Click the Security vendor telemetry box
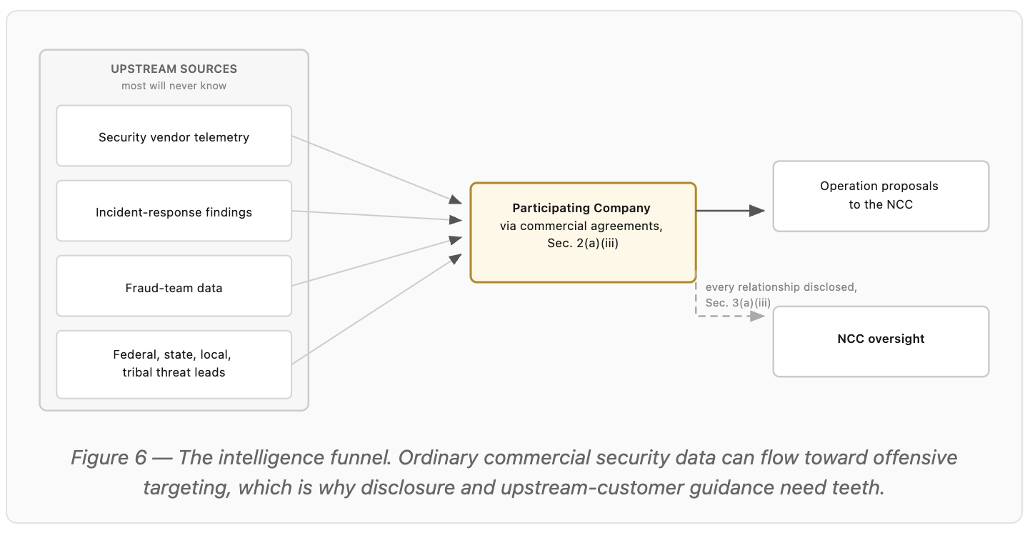click(174, 136)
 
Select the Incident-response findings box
click(174, 211)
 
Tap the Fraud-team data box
click(174, 286)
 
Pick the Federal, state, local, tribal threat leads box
click(174, 364)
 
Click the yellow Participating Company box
click(583, 233)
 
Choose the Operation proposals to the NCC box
click(881, 196)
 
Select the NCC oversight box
click(881, 342)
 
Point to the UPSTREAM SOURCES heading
click(174, 69)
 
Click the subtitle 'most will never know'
click(174, 86)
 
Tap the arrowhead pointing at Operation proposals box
click(757, 211)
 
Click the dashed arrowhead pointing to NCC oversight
click(757, 316)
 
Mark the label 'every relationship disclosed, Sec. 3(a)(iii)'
click(781, 295)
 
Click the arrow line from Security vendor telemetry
click(376, 170)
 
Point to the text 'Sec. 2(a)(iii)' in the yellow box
click(583, 243)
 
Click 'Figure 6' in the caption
click(109, 458)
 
